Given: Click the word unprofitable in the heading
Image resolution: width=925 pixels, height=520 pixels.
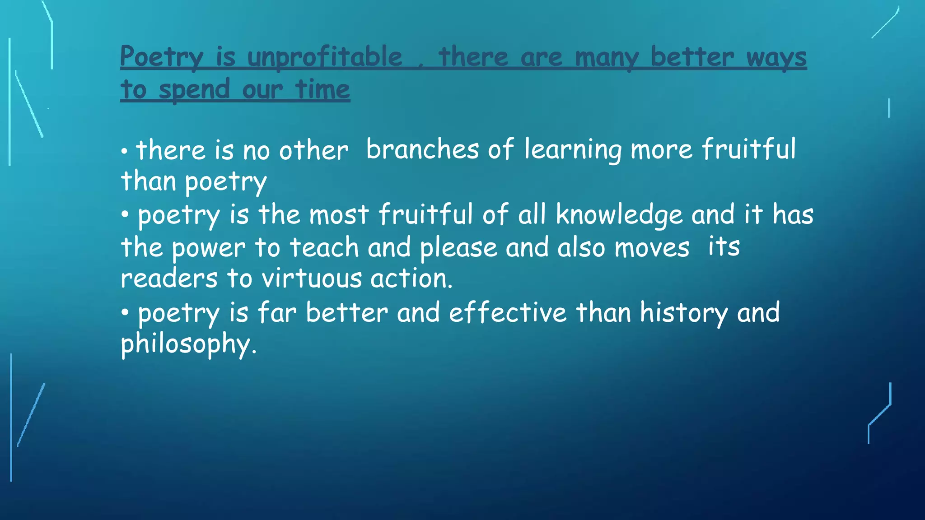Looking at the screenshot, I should (325, 58).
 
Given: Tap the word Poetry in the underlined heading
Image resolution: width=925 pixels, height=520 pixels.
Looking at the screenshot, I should (162, 58).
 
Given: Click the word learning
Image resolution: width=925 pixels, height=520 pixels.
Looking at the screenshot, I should (573, 150).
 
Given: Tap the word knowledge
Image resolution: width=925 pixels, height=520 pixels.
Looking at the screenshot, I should (619, 215).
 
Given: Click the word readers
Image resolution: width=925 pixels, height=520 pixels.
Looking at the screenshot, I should (169, 279).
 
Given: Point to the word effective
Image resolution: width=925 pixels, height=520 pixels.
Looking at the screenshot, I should (508, 312).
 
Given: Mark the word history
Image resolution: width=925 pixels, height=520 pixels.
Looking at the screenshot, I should (684, 313).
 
